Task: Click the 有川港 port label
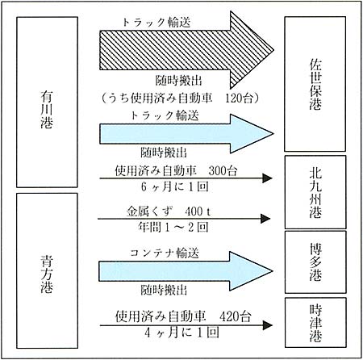[x=47, y=110]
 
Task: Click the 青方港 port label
[x=47, y=274]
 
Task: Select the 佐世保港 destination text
[x=315, y=84]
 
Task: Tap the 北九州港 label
[x=315, y=193]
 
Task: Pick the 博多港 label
[x=315, y=262]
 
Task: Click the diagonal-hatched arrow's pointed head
[x=273, y=50]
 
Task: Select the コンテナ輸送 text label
[x=165, y=253]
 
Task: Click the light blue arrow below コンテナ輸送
[x=186, y=271]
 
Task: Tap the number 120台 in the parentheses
[x=239, y=98]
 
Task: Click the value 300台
[x=223, y=171]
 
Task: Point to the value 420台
[x=236, y=316]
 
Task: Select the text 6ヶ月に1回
[x=175, y=186]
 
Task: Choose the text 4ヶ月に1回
[x=181, y=333]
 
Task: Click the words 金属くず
[x=150, y=211]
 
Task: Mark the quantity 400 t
[x=198, y=211]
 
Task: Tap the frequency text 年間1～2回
[x=173, y=228]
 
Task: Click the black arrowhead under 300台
[x=267, y=178]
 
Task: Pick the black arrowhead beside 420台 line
[x=268, y=325]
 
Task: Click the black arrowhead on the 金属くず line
[x=265, y=219]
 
